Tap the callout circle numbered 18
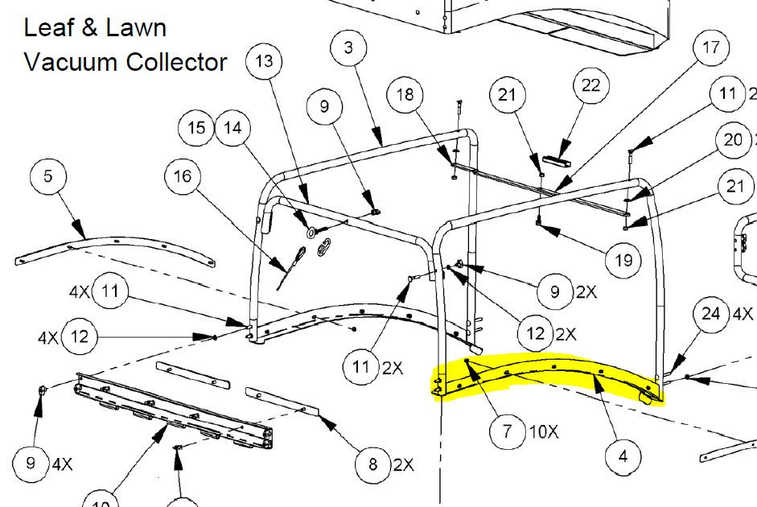(405, 96)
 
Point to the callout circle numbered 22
(591, 86)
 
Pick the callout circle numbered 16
(183, 175)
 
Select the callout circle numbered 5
(48, 176)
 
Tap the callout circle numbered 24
(711, 314)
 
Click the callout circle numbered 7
(507, 431)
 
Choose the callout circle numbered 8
(373, 464)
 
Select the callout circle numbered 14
(232, 128)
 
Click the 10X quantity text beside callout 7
(543, 431)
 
